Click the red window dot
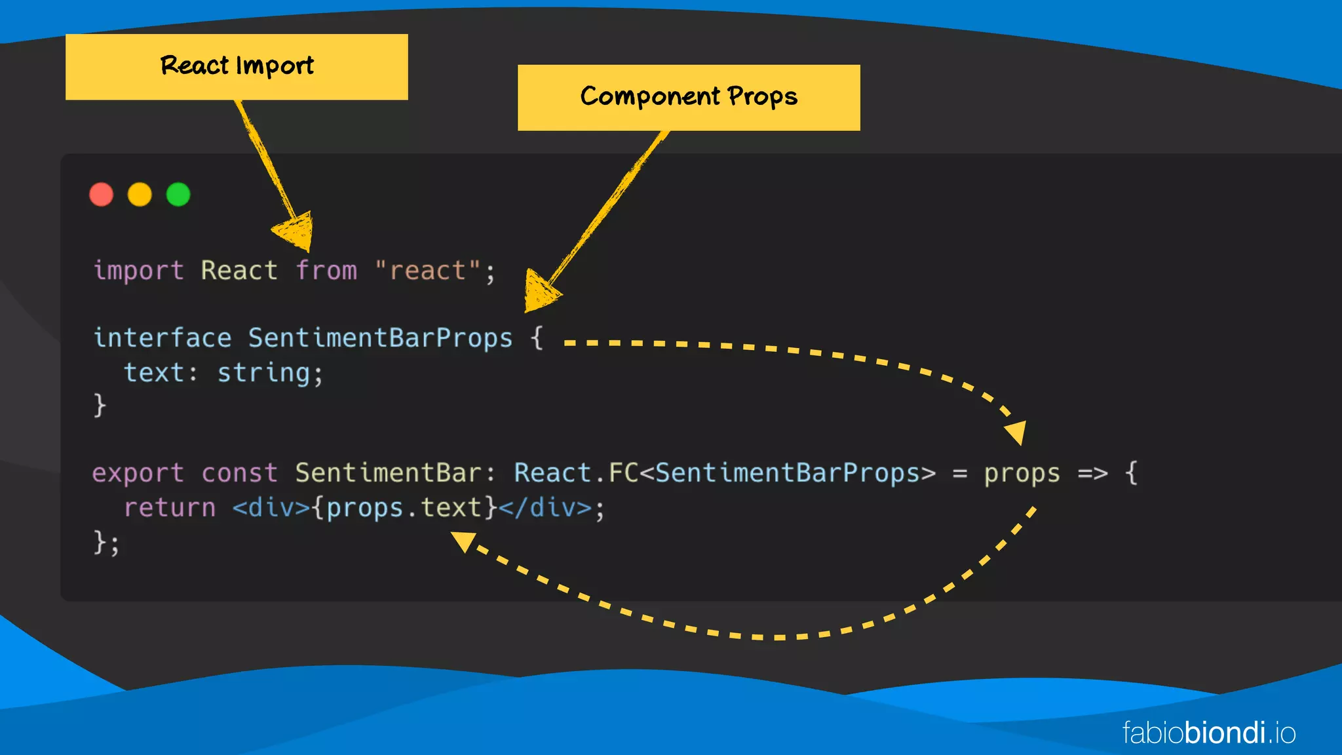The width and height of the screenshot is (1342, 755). [x=101, y=195]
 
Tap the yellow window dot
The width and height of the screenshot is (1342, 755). [x=140, y=195]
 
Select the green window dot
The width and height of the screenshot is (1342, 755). [x=178, y=195]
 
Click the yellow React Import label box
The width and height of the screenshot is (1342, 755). [x=237, y=67]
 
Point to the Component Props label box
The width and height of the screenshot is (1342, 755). [x=689, y=98]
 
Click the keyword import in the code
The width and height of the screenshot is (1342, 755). [x=138, y=271]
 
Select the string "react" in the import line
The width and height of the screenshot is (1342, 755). [x=428, y=271]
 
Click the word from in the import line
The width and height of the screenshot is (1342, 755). [x=326, y=271]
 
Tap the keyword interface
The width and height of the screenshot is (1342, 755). [x=163, y=338]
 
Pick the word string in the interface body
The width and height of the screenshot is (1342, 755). [x=264, y=373]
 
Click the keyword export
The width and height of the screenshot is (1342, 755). [x=138, y=473]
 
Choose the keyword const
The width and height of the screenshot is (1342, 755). [x=240, y=473]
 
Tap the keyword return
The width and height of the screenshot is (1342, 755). [x=170, y=508]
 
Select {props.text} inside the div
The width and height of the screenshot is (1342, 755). [x=404, y=508]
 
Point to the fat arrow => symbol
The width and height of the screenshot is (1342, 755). [x=1092, y=473]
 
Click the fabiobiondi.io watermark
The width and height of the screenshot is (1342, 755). [x=1209, y=733]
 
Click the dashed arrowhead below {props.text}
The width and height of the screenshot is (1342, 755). [x=463, y=541]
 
